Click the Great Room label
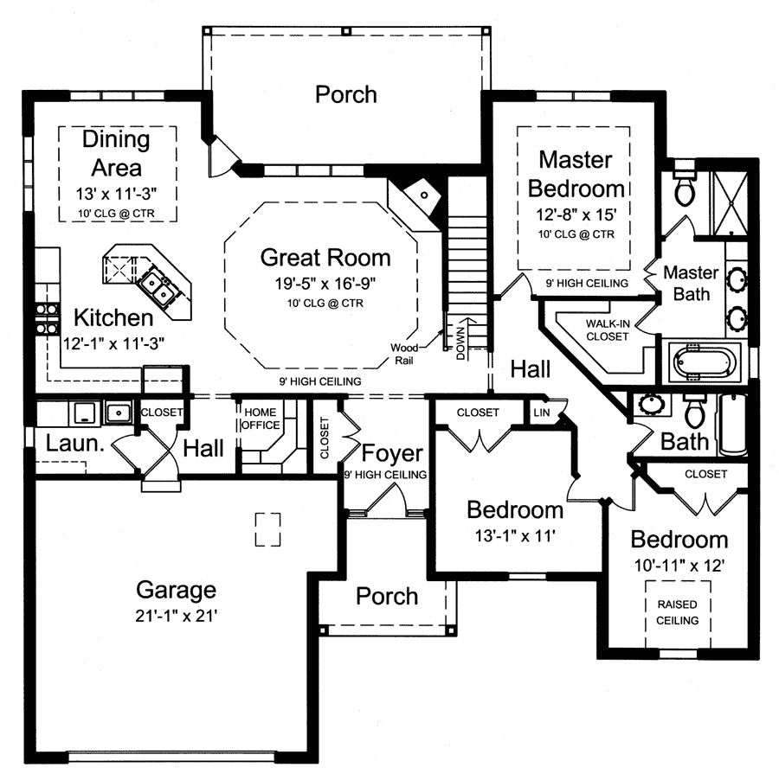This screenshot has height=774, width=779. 325,258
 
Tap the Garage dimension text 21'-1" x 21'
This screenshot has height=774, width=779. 176,617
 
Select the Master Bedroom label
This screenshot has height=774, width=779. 576,174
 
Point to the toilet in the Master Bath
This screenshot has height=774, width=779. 685,188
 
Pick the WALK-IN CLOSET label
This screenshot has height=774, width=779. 607,329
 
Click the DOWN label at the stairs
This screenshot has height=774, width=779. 460,340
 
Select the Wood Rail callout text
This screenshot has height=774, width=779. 406,352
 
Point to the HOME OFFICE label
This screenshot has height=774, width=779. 261,419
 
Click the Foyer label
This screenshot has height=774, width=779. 392,453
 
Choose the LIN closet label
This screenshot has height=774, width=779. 542,413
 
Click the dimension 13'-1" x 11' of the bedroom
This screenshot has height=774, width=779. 514,534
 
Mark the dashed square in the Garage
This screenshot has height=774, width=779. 267,529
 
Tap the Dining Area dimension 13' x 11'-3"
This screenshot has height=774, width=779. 116,192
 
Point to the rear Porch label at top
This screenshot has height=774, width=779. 345,93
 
